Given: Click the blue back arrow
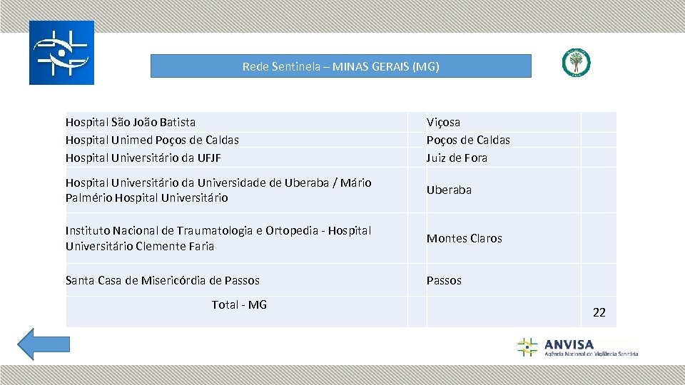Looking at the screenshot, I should (44, 344).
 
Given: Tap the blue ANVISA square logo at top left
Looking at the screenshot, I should (61, 53).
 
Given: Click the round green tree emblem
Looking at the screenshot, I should (576, 63).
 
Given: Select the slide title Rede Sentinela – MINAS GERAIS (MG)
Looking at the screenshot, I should (340, 66).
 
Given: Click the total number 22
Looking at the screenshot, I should (599, 312).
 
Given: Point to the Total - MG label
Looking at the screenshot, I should (239, 305).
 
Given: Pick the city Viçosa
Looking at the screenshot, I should (443, 123).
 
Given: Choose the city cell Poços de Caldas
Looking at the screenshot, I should (468, 140).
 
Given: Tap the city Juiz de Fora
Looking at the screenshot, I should (457, 158).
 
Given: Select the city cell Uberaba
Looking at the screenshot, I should (449, 190).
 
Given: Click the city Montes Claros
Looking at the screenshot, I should (465, 239).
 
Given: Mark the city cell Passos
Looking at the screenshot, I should (444, 281).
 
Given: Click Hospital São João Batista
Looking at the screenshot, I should (131, 123).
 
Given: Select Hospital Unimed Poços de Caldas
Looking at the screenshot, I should (152, 140).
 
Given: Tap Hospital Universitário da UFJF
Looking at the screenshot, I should (148, 158).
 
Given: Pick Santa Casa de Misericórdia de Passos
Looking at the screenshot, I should (163, 281).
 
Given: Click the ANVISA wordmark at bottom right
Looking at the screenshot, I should (569, 344).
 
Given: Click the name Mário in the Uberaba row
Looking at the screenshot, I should (355, 183).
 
